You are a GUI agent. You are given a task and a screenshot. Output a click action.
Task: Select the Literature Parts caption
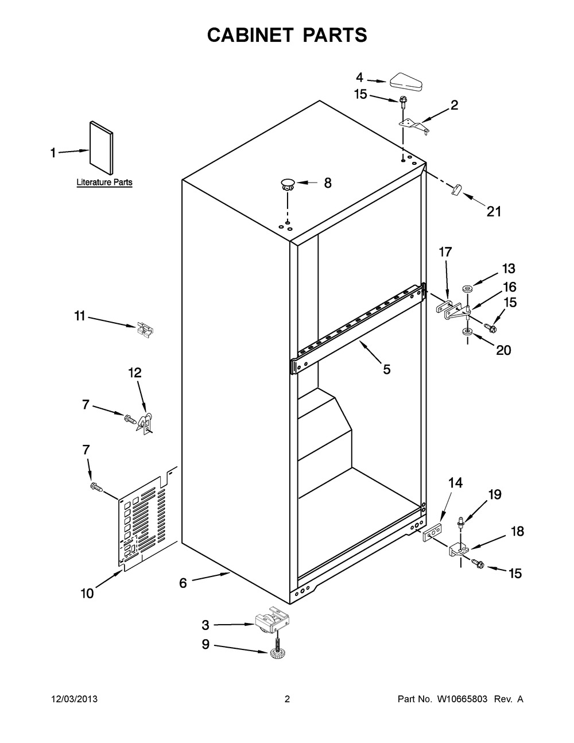click(104, 182)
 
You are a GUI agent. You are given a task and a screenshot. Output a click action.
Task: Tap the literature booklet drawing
click(101, 148)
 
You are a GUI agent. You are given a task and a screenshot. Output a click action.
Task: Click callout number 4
click(359, 78)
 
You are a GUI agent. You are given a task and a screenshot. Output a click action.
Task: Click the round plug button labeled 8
click(288, 184)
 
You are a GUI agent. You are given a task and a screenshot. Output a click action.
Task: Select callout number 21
click(494, 212)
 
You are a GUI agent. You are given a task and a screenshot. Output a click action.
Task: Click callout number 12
click(135, 373)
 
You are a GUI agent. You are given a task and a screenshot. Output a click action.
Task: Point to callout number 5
click(386, 370)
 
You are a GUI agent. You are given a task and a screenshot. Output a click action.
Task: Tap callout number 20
click(503, 350)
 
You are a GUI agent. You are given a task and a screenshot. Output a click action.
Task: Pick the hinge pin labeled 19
click(461, 524)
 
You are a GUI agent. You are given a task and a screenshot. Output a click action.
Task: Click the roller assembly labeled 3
click(273, 620)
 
